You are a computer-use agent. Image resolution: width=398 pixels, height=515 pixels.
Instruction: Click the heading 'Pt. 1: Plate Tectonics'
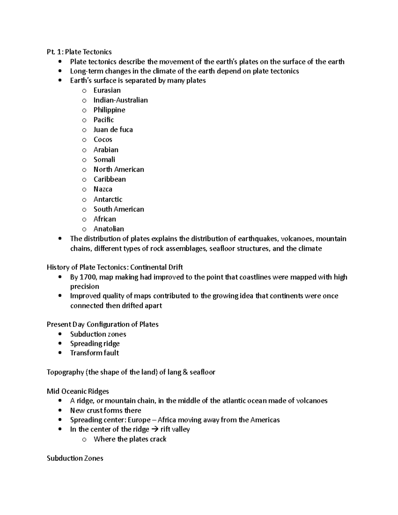79,52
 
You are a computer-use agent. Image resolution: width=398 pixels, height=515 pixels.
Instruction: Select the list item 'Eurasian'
107,90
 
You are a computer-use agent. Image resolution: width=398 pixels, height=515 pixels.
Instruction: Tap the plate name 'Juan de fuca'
113,130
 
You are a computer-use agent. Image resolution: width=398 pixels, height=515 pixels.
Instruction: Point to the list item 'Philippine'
109,110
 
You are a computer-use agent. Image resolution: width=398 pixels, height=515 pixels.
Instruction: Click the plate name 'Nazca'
103,189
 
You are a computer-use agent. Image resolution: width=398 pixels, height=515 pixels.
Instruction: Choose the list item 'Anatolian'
108,229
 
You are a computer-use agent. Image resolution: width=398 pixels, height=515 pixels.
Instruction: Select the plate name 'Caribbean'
109,179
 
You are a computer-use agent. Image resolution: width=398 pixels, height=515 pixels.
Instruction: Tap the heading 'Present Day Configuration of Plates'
102,324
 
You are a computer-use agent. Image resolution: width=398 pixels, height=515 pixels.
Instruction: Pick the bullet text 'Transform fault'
95,353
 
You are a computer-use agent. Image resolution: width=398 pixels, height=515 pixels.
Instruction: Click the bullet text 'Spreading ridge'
95,344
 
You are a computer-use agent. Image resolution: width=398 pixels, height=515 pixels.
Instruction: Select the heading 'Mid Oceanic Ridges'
78,391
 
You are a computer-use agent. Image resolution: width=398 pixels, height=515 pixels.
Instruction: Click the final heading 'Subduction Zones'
75,458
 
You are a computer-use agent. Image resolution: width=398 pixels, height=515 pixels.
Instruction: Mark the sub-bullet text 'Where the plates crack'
130,439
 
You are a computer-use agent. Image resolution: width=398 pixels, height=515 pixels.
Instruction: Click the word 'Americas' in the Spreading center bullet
265,420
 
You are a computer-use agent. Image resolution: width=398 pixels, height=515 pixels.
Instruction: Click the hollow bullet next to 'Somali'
84,160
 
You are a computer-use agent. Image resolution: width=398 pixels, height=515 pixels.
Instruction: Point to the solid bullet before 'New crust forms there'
60,411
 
